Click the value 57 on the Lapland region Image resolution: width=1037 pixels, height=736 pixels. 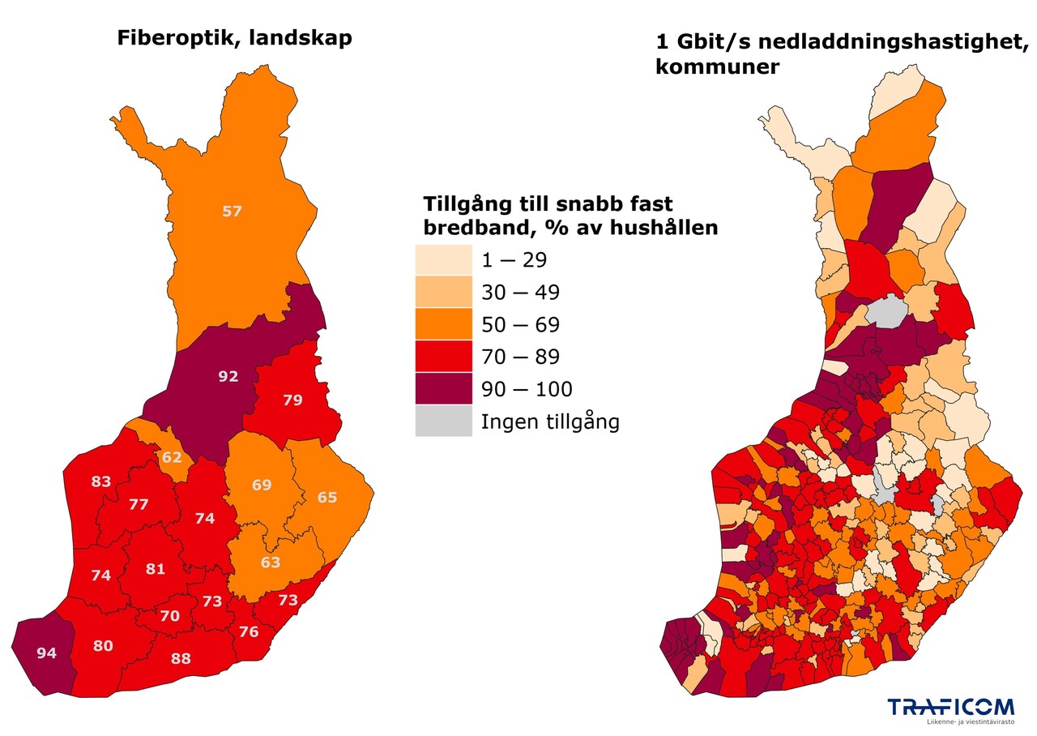[x=232, y=212]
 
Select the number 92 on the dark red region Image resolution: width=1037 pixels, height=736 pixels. [x=228, y=376]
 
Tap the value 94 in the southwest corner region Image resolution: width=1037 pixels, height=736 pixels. [x=46, y=653]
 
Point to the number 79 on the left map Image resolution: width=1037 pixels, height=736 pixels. [x=292, y=400]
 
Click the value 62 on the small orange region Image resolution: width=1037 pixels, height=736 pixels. [x=172, y=457]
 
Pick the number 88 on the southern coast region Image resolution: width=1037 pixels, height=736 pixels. [x=181, y=659]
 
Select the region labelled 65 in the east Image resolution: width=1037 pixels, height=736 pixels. [x=326, y=498]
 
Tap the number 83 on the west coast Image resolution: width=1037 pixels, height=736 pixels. [x=101, y=482]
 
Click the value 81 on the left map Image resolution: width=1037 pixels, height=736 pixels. [x=156, y=569]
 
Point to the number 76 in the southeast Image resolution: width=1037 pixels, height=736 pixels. [x=249, y=632]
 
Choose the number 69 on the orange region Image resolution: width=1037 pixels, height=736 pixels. [x=262, y=486]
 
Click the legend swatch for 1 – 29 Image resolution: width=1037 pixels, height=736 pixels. [x=443, y=260]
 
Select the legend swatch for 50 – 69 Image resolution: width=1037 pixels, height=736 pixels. [x=443, y=324]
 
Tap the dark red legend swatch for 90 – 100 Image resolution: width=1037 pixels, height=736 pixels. [x=443, y=389]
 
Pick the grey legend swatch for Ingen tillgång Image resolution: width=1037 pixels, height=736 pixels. [x=443, y=421]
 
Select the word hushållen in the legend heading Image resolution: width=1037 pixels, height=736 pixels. [x=667, y=228]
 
